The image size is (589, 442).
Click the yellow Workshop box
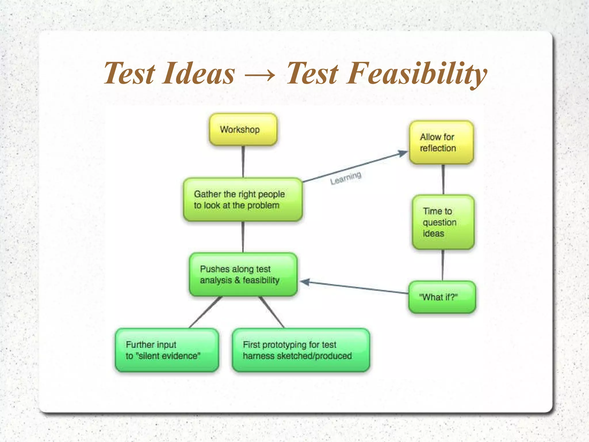pos(243,129)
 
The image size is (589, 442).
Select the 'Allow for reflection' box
pos(441,143)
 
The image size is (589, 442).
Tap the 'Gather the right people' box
pos(243,200)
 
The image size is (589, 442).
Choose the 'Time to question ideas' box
pos(443,222)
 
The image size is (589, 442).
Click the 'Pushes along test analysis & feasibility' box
pos(243,274)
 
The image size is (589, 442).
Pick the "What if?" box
pos(442,297)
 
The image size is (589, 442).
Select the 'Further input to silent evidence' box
pos(167,350)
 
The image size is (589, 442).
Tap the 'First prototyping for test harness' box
pos(301,350)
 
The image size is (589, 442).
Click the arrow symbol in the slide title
pos(260,75)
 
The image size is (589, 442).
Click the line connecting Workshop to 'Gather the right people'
pos(243,162)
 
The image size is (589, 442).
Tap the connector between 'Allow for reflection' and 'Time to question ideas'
pos(443,179)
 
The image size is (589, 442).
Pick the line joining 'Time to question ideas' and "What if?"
pos(443,265)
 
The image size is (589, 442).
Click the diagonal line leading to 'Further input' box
pos(205,312)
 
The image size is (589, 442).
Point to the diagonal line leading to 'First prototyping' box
pos(271,312)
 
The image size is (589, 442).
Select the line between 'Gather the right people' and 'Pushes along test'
pos(243,237)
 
